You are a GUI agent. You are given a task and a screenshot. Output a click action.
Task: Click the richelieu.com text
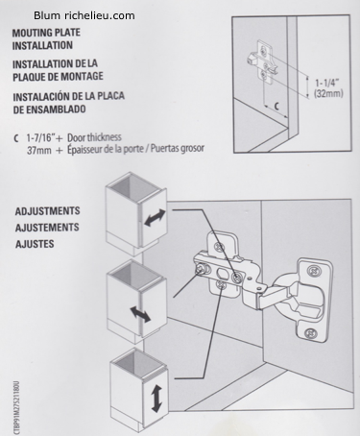point(100,15)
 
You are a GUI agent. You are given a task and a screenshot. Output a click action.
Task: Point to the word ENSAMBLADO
point(56,109)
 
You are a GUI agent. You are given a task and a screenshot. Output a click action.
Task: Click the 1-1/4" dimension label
point(326,83)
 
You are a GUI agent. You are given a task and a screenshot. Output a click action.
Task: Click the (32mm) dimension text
point(328,93)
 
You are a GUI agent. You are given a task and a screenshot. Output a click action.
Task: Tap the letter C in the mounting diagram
point(277,106)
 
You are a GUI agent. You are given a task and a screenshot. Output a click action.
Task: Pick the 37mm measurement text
point(39,150)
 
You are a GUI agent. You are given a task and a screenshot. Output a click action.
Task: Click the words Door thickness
point(94,137)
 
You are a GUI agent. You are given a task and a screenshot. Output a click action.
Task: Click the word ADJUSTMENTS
point(47,211)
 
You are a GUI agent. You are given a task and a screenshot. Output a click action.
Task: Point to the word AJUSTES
point(35,244)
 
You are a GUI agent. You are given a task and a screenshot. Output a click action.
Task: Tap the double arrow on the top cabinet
point(155,218)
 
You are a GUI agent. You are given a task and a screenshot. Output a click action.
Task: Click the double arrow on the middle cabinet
point(140,314)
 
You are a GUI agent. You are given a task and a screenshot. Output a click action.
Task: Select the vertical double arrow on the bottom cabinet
point(156,399)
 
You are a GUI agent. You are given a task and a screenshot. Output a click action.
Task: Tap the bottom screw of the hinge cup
point(310,333)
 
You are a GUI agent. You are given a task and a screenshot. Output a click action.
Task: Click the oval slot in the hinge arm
point(222,274)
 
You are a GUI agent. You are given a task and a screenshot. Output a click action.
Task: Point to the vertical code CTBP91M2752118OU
point(16,408)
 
